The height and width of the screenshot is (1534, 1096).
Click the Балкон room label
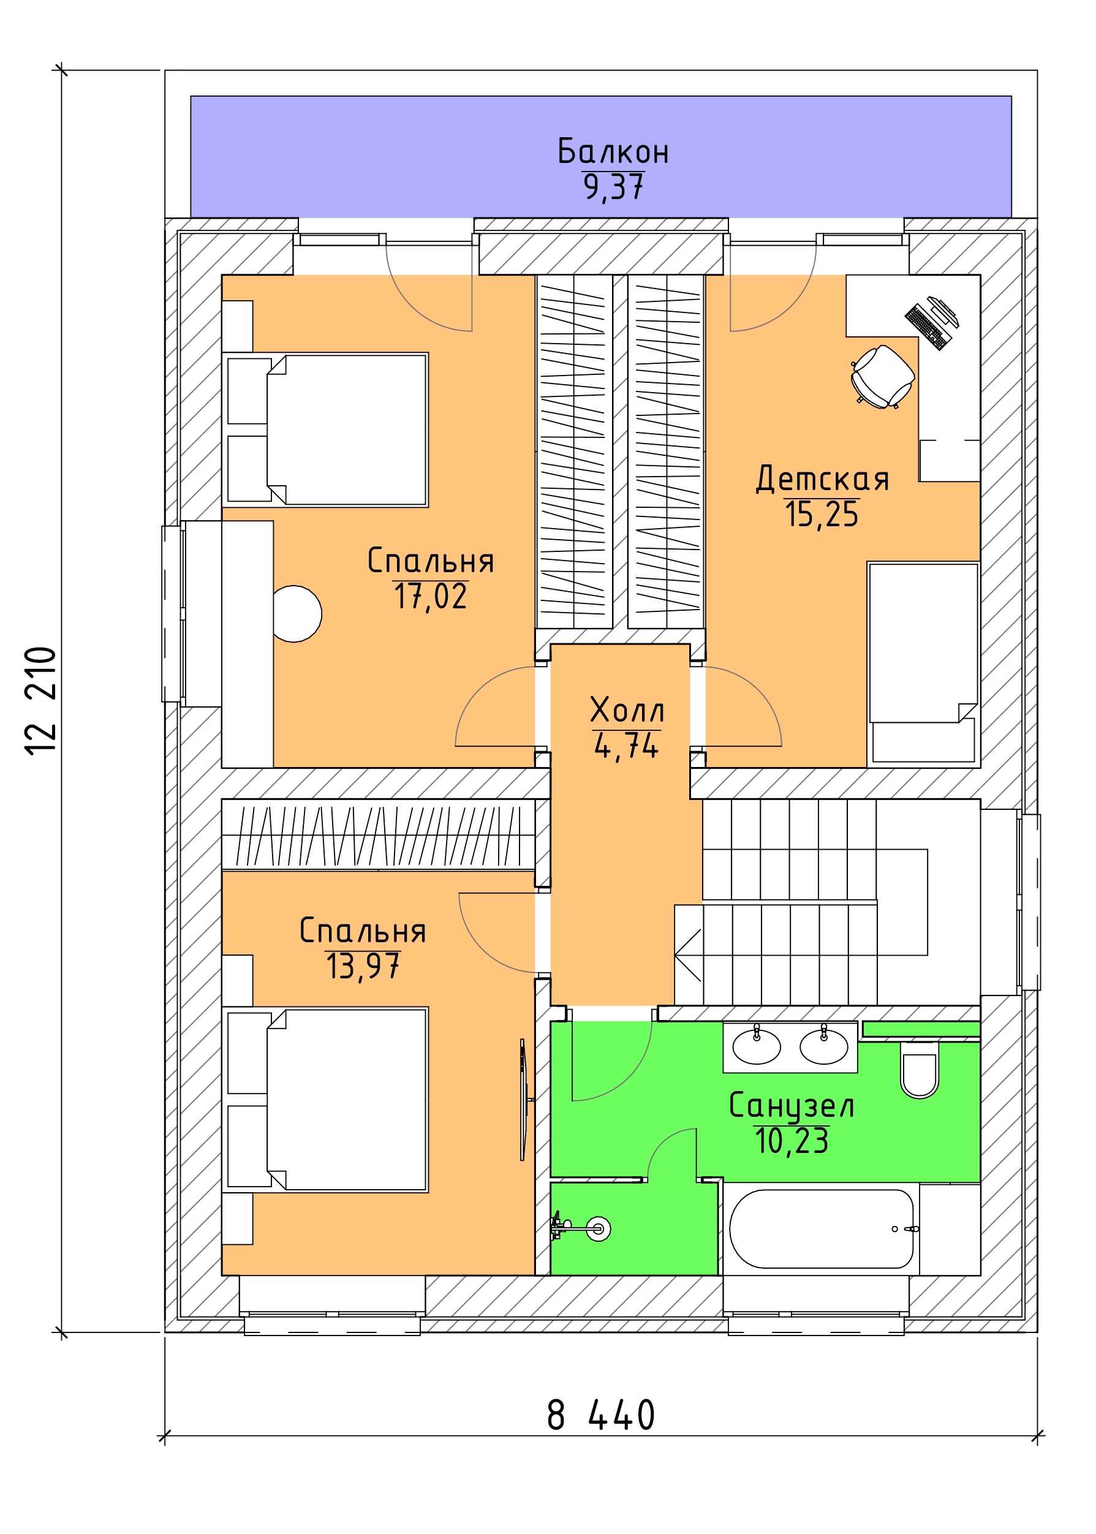pos(613,152)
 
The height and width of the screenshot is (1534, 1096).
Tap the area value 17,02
pos(431,597)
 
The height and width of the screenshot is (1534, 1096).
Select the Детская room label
pos(822,478)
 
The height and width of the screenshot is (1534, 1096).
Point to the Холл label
pos(627,710)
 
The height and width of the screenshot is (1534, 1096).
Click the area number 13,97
pos(363,967)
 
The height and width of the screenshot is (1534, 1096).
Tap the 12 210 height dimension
pos(41,700)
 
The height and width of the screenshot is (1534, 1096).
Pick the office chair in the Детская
pos(883,377)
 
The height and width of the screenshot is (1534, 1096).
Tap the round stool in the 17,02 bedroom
pos(297,613)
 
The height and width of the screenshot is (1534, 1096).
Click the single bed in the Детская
pos(923,664)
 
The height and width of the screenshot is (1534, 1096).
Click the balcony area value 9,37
pos(613,187)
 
